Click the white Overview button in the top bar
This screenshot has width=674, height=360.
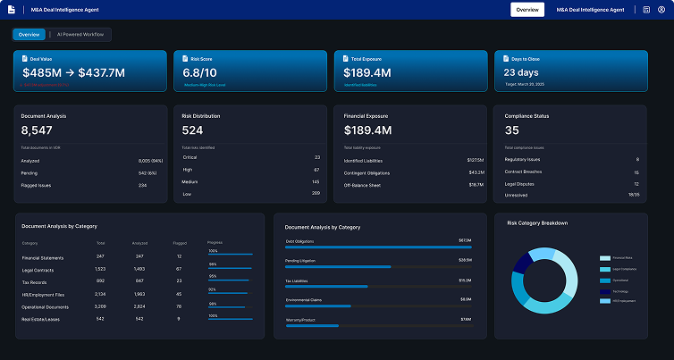527,10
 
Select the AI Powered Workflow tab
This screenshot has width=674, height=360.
80,34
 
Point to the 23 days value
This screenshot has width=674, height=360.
520,72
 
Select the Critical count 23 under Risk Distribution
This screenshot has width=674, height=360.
316,157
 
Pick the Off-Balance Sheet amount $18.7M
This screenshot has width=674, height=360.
476,185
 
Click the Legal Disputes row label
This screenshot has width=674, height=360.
521,185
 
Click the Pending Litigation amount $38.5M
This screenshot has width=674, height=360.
465,260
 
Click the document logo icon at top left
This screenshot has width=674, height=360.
11,10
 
